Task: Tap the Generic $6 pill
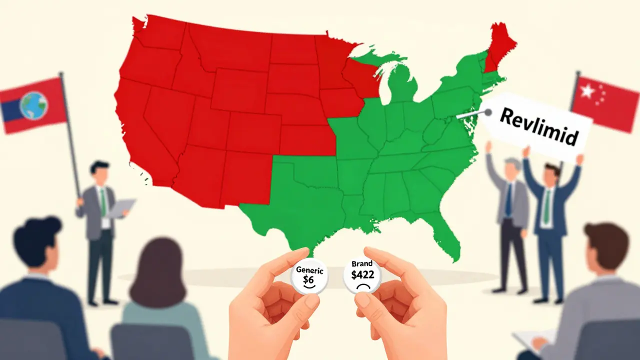pos(309,276)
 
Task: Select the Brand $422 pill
pos(362,277)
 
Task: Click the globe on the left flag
pos(33,105)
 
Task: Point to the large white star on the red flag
pos(586,91)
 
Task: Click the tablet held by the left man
pos(121,208)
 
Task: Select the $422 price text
pos(362,275)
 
